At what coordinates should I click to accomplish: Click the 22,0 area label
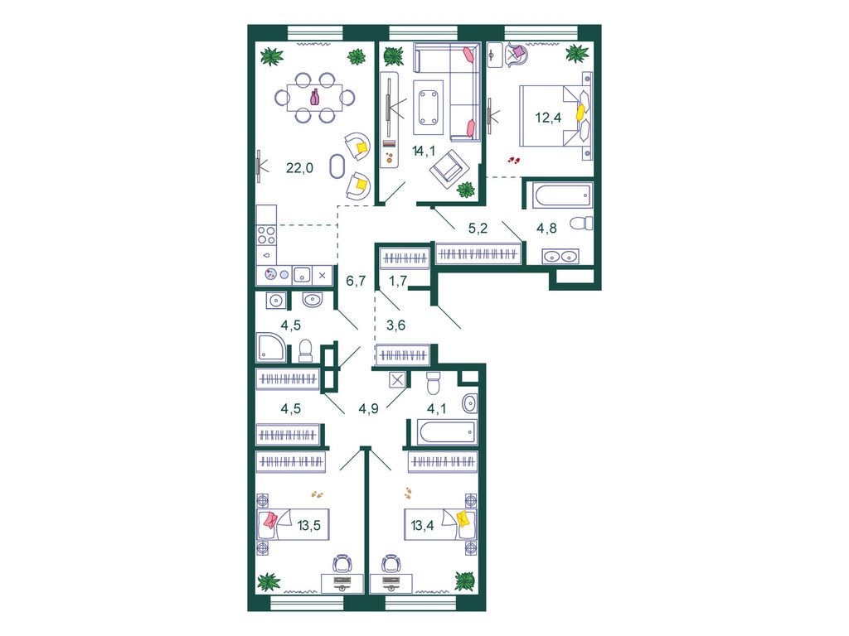pos(299,167)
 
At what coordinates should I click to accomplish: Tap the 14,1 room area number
pos(424,151)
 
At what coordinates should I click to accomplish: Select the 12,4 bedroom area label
pos(549,117)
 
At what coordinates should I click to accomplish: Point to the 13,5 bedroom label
pos(309,524)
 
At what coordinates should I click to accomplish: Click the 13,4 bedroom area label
pos(422,524)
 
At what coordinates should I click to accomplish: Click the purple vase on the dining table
pos(314,98)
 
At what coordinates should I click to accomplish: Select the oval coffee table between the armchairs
pos(337,166)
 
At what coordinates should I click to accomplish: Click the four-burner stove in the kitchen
pos(266,236)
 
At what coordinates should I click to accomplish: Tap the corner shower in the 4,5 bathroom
pos(270,347)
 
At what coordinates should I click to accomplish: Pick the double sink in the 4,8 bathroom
pos(560,257)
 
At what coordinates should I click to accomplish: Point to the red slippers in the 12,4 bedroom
pos(514,160)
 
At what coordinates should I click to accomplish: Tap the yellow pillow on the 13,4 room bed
pos(464,520)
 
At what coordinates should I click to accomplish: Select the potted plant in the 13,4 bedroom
pos(464,581)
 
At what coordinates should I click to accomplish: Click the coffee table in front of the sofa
pos(429,108)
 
